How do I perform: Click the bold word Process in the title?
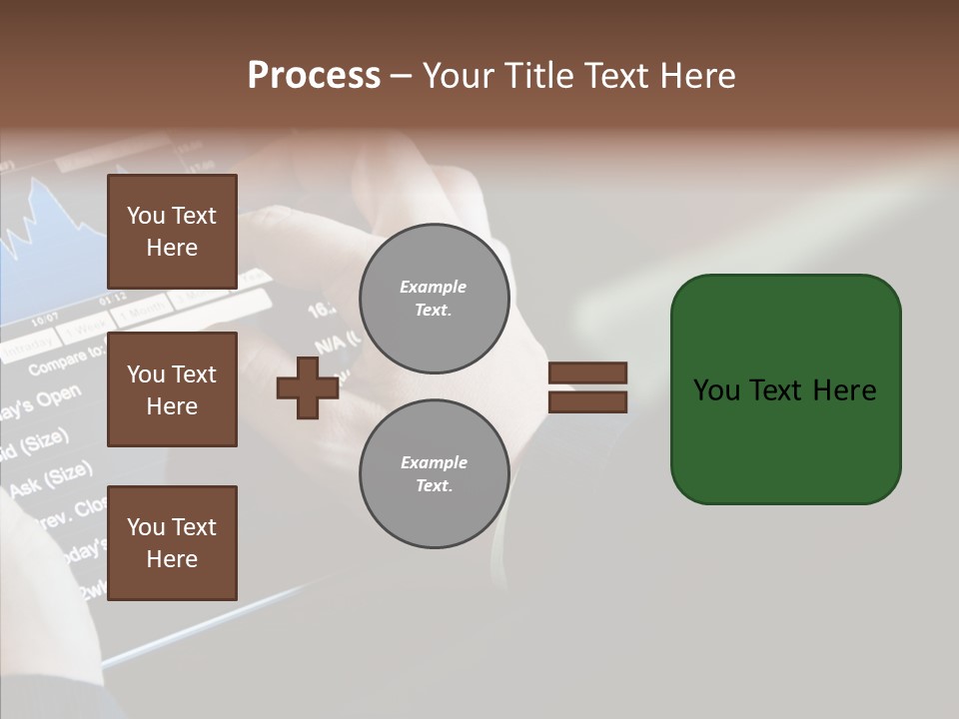point(314,76)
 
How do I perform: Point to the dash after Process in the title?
point(401,77)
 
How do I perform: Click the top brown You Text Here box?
point(172,232)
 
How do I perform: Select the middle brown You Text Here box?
point(172,389)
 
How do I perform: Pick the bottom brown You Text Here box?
point(172,543)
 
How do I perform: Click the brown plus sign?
point(307,387)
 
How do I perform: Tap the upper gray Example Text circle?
point(434,299)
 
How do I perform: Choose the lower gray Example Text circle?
point(434,474)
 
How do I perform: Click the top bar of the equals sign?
point(587,372)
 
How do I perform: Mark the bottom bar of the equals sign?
point(587,402)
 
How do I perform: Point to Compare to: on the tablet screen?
point(66,360)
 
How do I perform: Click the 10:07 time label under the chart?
point(44,321)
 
